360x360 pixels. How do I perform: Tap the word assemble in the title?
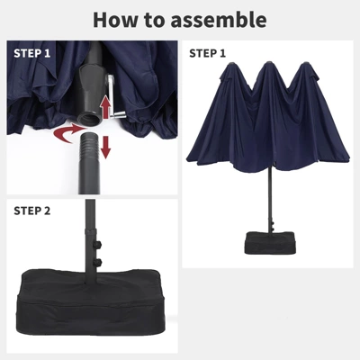pos(219,20)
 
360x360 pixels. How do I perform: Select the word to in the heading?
pos(155,21)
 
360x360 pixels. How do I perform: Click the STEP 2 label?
pos(32,211)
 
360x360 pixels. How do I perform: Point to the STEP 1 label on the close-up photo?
pos(32,53)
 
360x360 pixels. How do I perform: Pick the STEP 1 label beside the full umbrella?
pos(207,53)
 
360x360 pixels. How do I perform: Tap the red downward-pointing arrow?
pos(105,147)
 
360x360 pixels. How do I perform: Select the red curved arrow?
pos(68,134)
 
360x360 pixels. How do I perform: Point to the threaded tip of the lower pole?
pos(90,142)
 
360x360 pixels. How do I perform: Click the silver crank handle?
pos(114,98)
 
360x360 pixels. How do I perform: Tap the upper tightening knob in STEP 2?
pos(99,244)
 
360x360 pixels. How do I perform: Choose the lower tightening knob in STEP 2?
pos(99,262)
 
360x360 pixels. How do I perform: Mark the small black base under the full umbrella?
pos(271,243)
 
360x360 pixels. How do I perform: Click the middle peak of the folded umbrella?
pos(267,65)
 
